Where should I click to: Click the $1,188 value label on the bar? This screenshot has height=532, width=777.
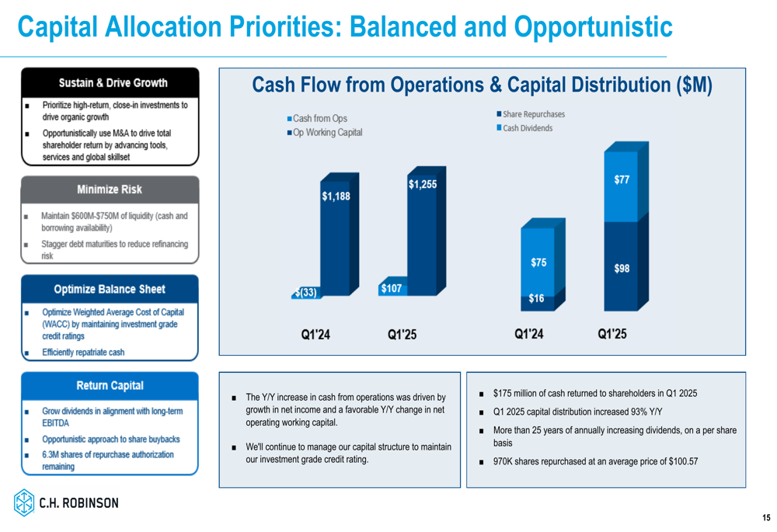336,196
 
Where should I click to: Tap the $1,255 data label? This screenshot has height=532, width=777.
423,185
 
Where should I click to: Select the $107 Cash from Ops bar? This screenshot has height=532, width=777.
392,288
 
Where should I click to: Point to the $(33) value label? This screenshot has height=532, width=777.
305,292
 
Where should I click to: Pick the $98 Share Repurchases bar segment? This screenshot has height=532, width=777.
621,266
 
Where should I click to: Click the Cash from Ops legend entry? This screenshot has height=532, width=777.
317,118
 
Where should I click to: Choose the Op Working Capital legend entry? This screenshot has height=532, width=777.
325,132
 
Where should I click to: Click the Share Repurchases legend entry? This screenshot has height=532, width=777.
531,114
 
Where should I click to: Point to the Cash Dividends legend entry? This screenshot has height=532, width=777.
524,128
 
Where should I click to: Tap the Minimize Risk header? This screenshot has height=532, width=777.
110,190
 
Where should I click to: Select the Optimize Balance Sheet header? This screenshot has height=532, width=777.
110,289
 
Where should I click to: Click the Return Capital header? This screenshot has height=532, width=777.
110,386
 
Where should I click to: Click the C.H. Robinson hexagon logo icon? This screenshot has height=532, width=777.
24,502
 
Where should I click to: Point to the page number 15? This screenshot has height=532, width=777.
766,518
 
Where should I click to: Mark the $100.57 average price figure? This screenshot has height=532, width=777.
683,461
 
